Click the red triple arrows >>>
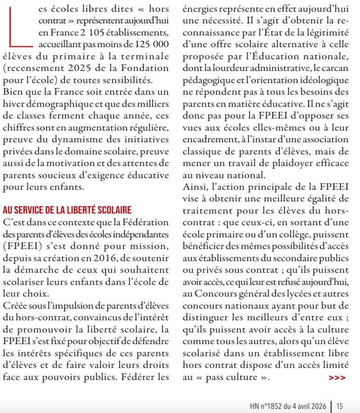point(337,379)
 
